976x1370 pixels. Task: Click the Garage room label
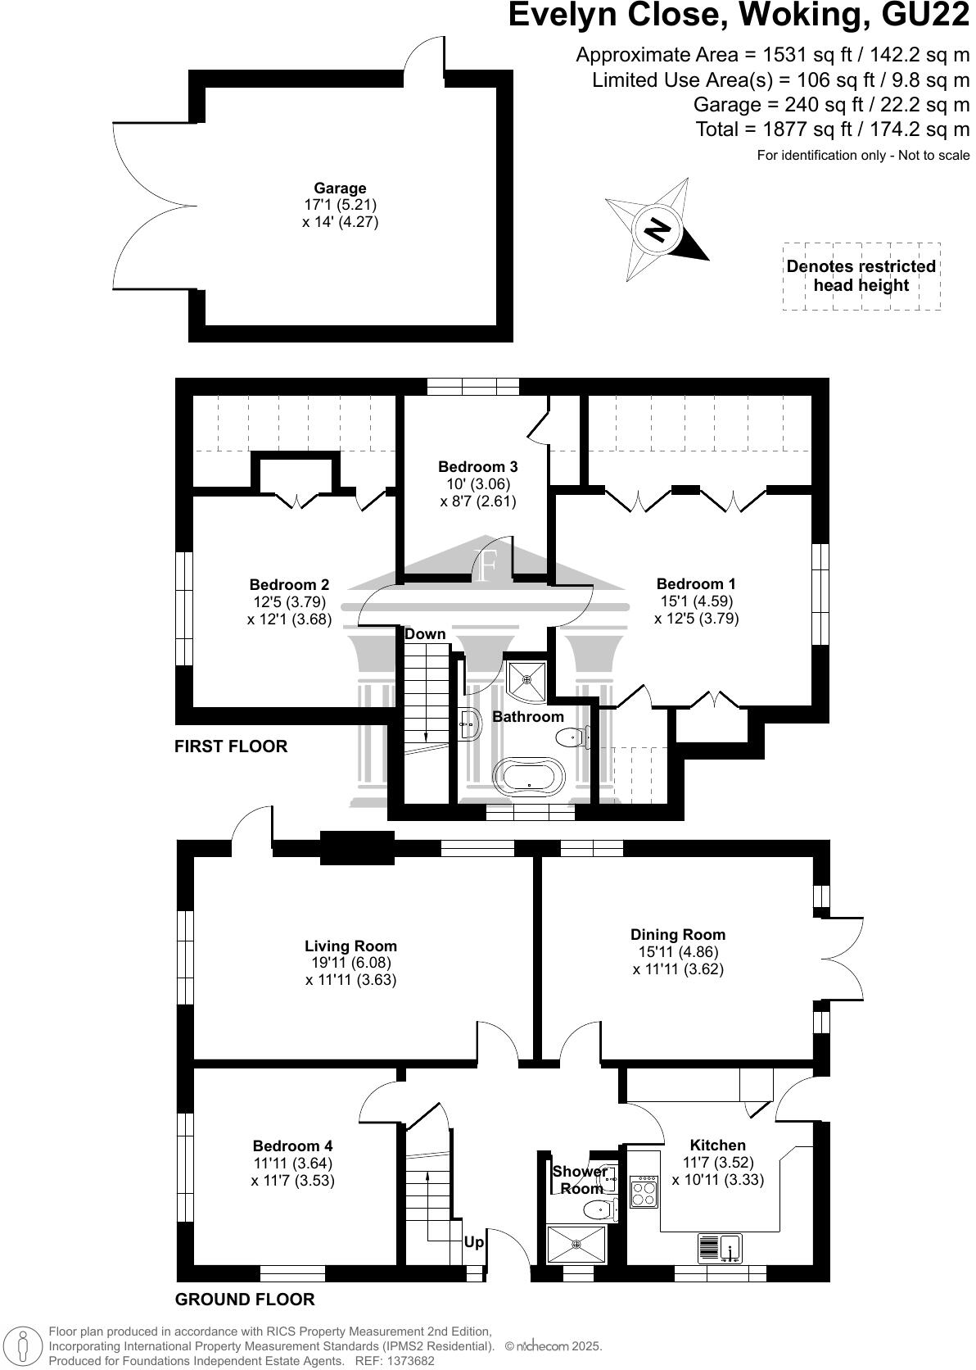click(x=340, y=188)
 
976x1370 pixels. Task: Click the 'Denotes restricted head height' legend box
click(x=861, y=276)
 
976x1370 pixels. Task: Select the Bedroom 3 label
click(x=477, y=466)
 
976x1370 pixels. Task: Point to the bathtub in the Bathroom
click(x=529, y=775)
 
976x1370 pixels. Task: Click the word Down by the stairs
click(x=425, y=633)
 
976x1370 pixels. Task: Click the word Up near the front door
click(x=473, y=1242)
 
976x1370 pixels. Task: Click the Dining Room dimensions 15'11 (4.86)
click(x=678, y=952)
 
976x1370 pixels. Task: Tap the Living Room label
click(x=350, y=946)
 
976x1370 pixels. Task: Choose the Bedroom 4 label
click(x=292, y=1145)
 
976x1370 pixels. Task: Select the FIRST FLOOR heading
click(x=231, y=746)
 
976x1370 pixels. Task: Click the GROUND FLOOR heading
click(x=245, y=1300)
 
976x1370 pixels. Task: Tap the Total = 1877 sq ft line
click(x=832, y=129)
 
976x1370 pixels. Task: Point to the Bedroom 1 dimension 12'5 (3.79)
click(x=696, y=619)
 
